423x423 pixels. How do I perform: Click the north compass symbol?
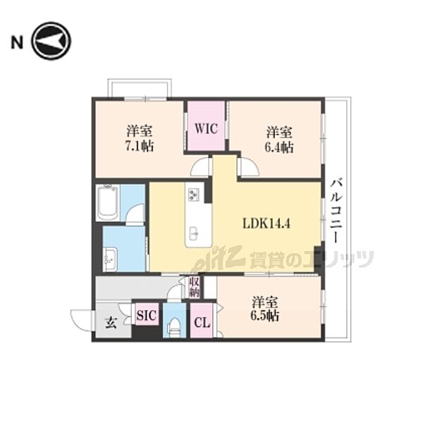tap(51, 42)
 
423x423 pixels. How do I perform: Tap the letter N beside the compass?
tap(17, 42)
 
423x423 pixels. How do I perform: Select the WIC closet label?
tap(207, 128)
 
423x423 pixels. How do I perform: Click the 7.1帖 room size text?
tap(139, 147)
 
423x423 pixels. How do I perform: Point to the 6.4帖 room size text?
tap(279, 147)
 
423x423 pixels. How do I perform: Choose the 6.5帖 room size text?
tap(264, 316)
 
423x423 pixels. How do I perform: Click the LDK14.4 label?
tap(266, 223)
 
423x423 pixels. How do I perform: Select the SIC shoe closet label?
tap(147, 315)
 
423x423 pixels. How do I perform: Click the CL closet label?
tap(202, 323)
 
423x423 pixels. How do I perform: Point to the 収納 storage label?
tap(195, 287)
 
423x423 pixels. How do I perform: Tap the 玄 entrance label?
tap(111, 323)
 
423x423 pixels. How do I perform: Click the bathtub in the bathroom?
tap(108, 202)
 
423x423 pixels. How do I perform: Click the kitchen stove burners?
tap(193, 195)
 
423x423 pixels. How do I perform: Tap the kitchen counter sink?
tap(193, 233)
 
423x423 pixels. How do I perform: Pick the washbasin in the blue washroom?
tap(110, 259)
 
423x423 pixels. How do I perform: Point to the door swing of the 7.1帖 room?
tap(200, 167)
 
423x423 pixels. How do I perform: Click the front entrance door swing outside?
tap(81, 320)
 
